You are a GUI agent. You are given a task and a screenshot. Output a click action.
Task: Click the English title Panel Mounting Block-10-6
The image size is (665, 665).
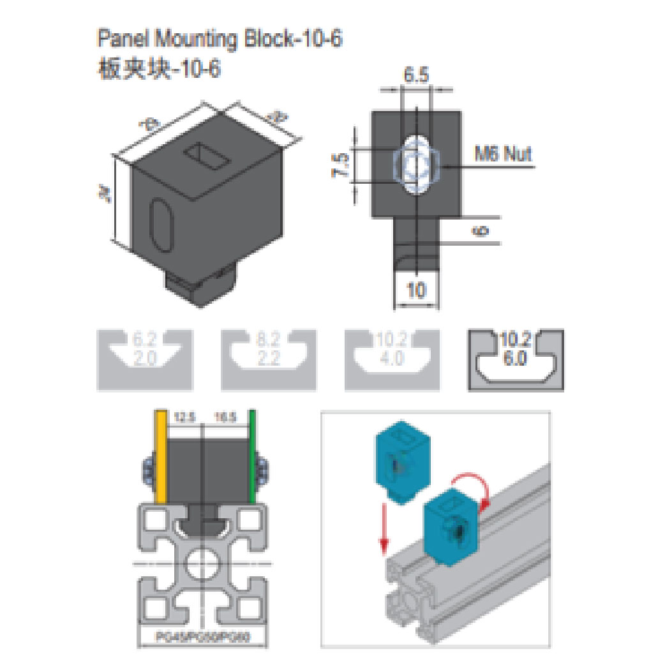click(220, 39)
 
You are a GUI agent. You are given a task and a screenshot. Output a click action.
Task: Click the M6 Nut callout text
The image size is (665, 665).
click(502, 154)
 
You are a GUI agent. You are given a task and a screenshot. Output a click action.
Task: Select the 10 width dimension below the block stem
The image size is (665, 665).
click(415, 291)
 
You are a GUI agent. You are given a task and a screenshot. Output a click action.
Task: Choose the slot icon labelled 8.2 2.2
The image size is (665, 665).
click(268, 359)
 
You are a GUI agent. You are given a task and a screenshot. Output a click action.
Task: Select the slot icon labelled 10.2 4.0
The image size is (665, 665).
click(392, 359)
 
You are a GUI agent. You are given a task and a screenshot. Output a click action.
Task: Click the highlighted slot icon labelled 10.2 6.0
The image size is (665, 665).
click(516, 359)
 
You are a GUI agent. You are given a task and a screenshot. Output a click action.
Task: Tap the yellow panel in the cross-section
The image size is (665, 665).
click(161, 457)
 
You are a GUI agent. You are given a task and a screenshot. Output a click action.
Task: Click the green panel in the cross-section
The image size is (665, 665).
click(253, 457)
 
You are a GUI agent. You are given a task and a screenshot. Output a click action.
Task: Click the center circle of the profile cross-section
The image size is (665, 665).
click(202, 564)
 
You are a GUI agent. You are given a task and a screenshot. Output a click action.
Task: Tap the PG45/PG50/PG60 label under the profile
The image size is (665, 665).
click(202, 636)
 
